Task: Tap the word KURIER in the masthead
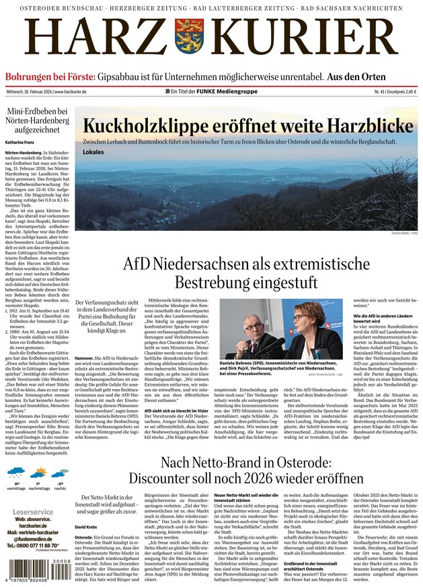tap(306, 39)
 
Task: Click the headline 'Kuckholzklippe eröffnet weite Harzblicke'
tap(247, 126)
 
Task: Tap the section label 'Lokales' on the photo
tap(93, 152)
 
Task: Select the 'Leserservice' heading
tap(32, 512)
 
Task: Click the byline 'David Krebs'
tap(87, 526)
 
